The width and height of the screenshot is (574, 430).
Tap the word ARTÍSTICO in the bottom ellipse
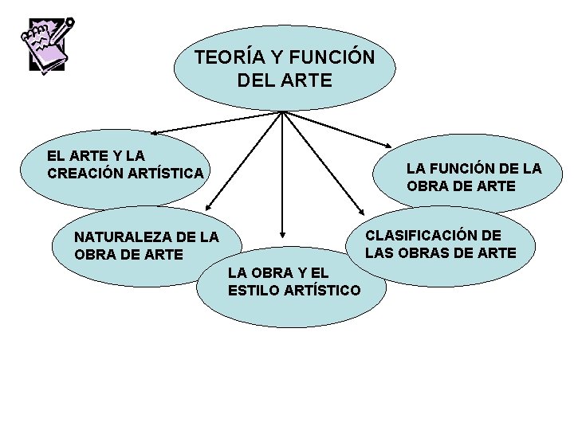click(x=328, y=290)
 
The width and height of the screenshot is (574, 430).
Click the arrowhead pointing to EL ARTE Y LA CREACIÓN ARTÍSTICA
click(x=155, y=131)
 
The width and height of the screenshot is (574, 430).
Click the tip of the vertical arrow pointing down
click(x=281, y=236)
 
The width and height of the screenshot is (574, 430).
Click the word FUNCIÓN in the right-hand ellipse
click(x=466, y=169)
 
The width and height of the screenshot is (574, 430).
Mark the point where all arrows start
click(x=282, y=111)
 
